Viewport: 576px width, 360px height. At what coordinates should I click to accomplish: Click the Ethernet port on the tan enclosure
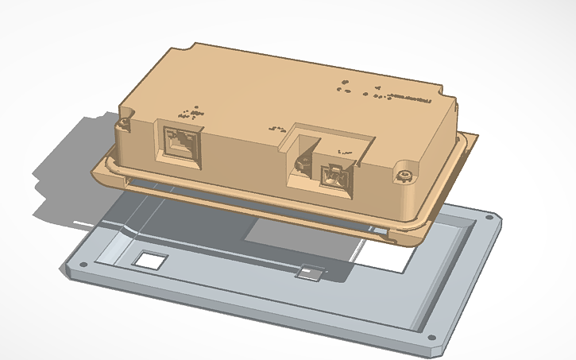(x=182, y=145)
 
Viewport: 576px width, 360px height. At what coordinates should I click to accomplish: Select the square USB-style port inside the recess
(x=333, y=176)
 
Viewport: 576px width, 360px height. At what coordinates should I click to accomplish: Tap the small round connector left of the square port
(x=303, y=165)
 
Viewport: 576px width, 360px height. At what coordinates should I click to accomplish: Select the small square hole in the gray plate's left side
(x=148, y=259)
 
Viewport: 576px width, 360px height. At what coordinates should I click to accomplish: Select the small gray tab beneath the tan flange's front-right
(x=381, y=231)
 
